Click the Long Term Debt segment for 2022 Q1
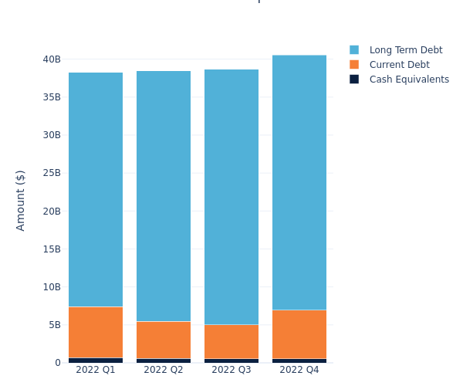coord(96,189)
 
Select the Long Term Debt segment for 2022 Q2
coord(164,196)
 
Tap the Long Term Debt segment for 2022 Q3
coord(231,197)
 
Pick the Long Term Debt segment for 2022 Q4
coord(299,182)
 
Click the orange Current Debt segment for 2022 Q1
coord(96,332)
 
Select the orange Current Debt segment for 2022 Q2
coord(164,340)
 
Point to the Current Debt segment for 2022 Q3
coord(231,341)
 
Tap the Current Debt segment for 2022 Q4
coord(299,334)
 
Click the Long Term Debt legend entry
coord(405,50)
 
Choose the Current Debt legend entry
coord(399,65)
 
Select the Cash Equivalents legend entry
coord(409,80)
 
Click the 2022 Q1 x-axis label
coord(96,370)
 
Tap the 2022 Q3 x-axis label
coord(231,370)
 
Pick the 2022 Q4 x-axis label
coord(299,370)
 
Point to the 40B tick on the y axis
coord(52,59)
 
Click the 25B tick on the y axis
coord(52,173)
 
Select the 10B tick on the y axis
coord(52,287)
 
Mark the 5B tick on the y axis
coord(54,325)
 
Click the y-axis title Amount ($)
coord(21,200)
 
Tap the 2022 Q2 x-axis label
coord(164,370)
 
